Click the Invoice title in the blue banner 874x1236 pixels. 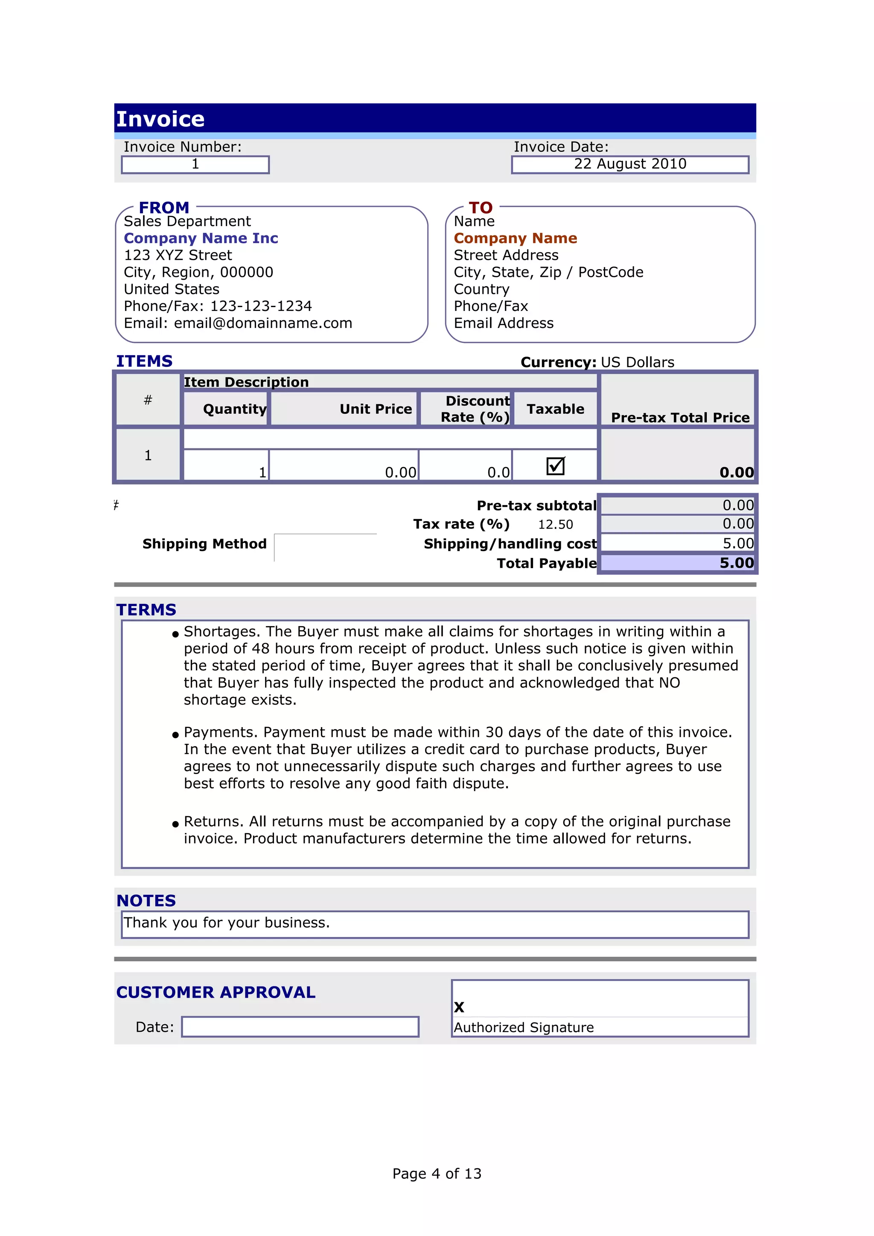click(x=160, y=119)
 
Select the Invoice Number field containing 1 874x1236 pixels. click(x=195, y=164)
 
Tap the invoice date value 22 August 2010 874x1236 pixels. click(x=629, y=164)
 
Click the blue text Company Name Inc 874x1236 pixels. click(x=201, y=238)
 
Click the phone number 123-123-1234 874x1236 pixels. click(x=261, y=306)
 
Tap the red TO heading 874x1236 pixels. click(x=481, y=207)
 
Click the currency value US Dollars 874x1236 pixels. click(x=637, y=362)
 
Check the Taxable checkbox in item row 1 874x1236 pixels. click(x=555, y=466)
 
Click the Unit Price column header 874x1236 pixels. click(x=376, y=409)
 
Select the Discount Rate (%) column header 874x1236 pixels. click(x=475, y=409)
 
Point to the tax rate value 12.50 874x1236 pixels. click(x=555, y=524)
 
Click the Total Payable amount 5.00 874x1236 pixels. click(x=736, y=563)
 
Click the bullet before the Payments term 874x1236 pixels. click(x=175, y=735)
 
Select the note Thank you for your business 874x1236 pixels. click(x=227, y=923)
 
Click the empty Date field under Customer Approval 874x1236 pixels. click(x=300, y=1027)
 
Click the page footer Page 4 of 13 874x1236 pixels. click(x=437, y=1174)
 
